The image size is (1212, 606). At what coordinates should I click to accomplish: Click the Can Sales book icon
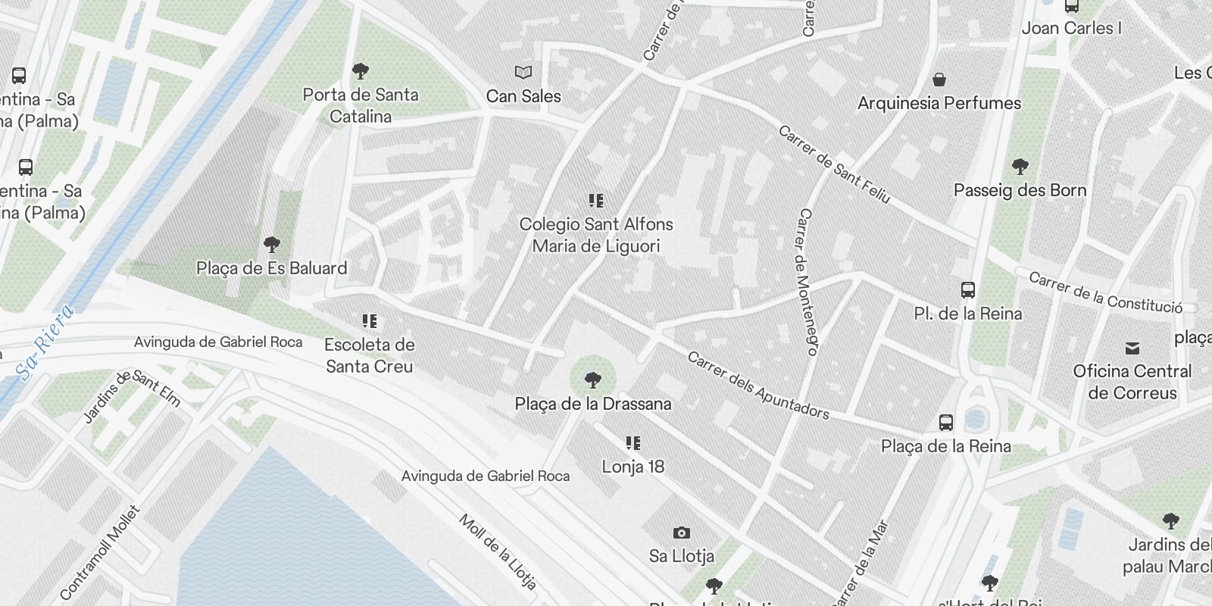coord(523,73)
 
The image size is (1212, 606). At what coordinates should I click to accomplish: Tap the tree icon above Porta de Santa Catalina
coord(361,72)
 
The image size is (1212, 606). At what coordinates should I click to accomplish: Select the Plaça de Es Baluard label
coord(271,268)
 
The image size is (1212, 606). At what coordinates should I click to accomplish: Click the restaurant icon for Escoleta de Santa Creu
coord(369,321)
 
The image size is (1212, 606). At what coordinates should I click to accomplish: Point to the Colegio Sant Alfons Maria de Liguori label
coord(596,235)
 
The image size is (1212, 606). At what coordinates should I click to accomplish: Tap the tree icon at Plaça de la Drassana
coord(593,380)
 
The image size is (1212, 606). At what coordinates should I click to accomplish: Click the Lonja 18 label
coord(633,467)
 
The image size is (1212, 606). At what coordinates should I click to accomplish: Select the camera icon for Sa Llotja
coord(681,533)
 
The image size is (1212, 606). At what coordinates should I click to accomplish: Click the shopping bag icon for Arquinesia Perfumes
coord(939,80)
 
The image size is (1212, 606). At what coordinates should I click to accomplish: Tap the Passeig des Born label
coord(1020,190)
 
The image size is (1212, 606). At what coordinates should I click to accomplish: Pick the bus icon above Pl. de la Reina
coord(968,290)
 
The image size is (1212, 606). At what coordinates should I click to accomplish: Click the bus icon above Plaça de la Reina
coord(946,423)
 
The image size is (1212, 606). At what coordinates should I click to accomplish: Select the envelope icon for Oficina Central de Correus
coord(1132,348)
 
